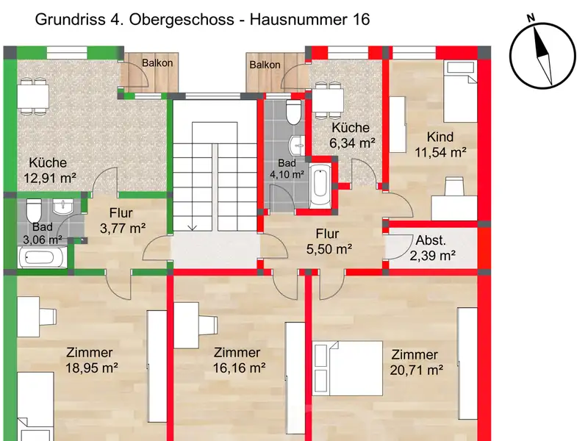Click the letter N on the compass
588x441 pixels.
coord(530,18)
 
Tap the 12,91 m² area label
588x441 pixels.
coord(50,178)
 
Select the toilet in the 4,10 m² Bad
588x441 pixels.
coord(293,112)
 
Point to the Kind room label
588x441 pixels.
coord(440,137)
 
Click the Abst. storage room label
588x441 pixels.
coord(431,240)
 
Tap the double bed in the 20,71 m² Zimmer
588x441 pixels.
coord(348,368)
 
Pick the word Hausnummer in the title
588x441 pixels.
coord(298,20)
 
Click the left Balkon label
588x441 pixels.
coord(157,63)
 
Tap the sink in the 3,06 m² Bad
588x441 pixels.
coord(63,207)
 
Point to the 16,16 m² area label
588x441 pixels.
coord(240,368)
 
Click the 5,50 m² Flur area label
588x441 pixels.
coord(329,249)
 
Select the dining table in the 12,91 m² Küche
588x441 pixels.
coord(33,96)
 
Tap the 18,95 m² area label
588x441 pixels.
coord(92,368)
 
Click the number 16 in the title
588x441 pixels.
coord(361,20)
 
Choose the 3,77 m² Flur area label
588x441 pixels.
coord(123,228)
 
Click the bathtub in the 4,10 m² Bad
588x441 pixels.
coord(320,185)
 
